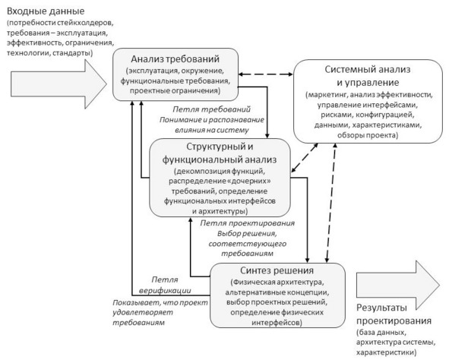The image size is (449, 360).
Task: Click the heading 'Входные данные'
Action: coord(46,11)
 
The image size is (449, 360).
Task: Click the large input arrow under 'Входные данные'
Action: coord(58,84)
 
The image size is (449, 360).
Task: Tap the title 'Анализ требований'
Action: coord(175,59)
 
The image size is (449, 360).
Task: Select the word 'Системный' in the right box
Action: coord(348,69)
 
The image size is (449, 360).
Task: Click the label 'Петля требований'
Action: coord(212,109)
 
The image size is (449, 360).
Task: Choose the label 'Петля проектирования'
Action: coord(248,223)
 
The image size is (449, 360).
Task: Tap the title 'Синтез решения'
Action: coord(277,270)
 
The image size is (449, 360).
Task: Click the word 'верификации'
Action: coord(165,290)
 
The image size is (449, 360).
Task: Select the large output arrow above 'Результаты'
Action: coord(398,285)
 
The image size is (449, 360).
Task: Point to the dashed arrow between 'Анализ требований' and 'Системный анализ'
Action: coord(266,74)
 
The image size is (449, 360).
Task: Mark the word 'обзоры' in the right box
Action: coord(350,135)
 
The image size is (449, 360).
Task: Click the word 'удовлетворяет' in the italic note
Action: coord(143,312)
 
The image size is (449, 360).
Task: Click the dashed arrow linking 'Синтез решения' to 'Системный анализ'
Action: coord(331,203)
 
